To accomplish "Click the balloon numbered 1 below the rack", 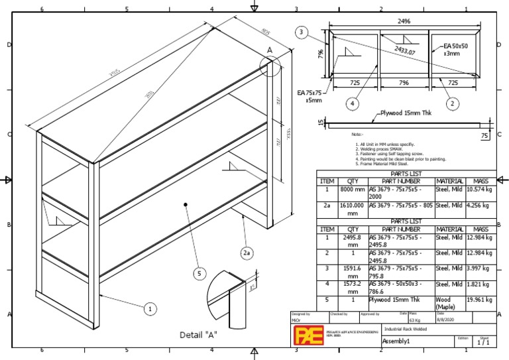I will (150, 308).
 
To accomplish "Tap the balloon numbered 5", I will (199, 273).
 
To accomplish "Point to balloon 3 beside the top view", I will (302, 32).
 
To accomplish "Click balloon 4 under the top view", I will (351, 103).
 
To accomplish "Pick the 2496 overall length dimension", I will (404, 21).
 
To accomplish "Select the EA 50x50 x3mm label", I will (456, 50).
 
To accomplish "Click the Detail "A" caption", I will (199, 335).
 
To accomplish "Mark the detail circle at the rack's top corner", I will (272, 66).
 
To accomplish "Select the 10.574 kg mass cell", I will (481, 190).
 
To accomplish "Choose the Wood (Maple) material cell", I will (449, 302).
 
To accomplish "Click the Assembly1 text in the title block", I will (397, 341).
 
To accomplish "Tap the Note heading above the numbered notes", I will (358, 135).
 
